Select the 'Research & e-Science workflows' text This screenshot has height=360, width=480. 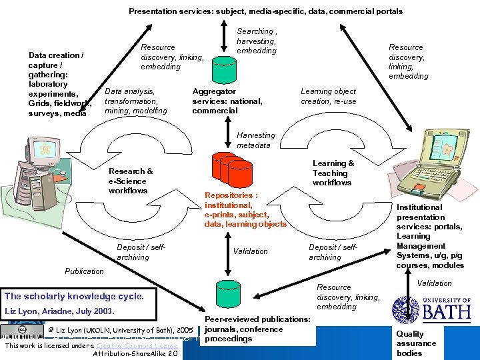point(131,181)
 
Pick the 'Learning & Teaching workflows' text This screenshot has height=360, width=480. point(333,173)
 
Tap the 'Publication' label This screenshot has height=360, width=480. point(84,271)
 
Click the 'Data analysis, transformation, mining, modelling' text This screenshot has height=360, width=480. point(136,101)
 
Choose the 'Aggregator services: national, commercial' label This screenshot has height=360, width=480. point(227,101)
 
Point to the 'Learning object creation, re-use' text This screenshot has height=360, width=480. point(328,96)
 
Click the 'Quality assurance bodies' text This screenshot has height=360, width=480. point(416,343)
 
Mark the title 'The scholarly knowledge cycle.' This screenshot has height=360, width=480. point(74,296)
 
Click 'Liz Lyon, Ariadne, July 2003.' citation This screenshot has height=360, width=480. point(60,311)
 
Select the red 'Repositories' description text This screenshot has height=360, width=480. point(245,210)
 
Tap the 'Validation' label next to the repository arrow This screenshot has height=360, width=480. point(250,251)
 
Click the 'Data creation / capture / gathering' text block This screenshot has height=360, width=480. point(56,84)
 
